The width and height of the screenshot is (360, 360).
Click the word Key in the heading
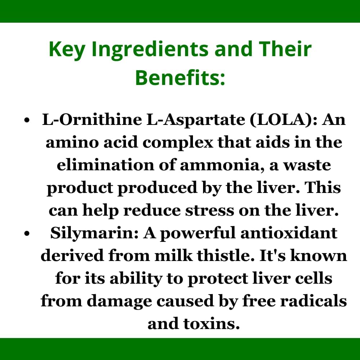click(x=67, y=50)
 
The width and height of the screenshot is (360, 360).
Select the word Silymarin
click(x=95, y=233)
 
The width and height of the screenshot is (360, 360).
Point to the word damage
click(x=117, y=301)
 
